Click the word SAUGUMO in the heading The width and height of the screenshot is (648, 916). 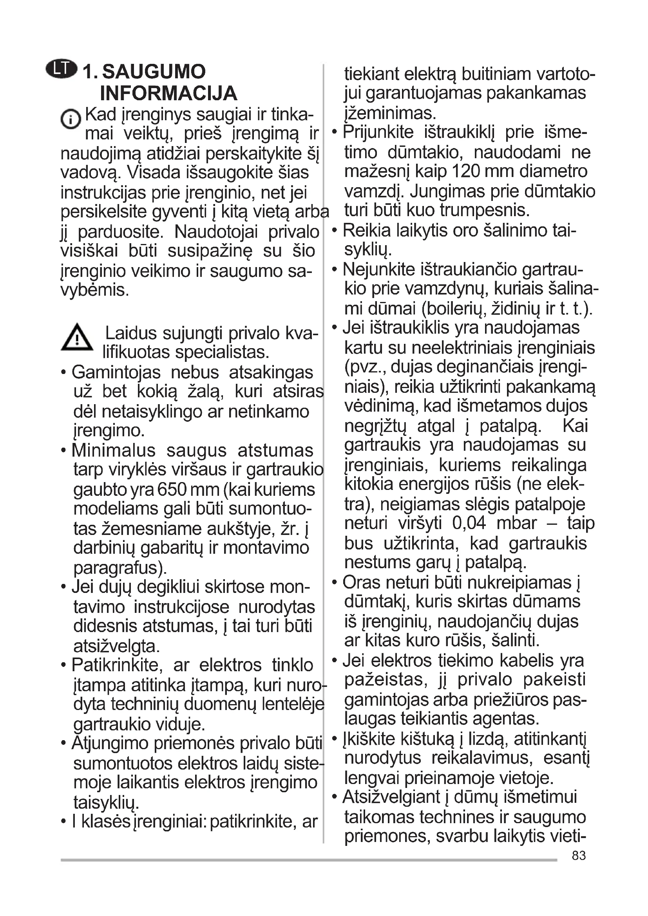154,72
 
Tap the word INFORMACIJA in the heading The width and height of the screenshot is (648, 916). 168,94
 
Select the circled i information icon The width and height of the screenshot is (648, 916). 71,119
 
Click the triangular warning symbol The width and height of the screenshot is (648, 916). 77,338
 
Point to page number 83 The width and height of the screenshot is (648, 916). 579,856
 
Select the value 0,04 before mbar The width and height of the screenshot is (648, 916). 469,523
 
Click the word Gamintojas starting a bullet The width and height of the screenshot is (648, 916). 116,372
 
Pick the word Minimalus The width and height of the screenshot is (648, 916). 113,451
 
